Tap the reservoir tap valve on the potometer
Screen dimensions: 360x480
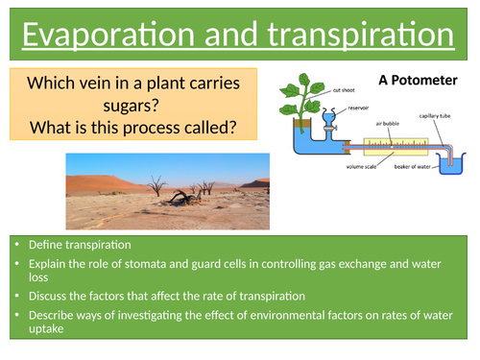329,124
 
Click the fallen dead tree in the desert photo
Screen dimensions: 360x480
181,198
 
